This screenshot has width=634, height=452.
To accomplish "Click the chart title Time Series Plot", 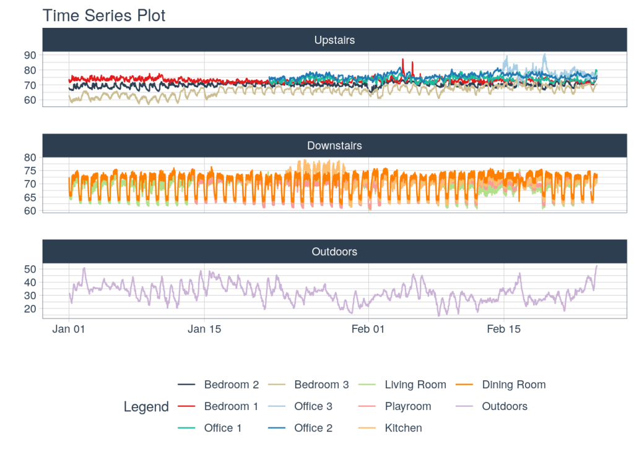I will [104, 15].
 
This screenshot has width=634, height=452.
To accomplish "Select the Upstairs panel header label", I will [334, 40].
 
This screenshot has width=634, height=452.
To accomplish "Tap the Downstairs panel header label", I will [334, 146].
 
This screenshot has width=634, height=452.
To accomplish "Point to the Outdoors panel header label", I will [334, 252].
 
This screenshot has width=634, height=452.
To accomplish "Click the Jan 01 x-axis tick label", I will [68, 329].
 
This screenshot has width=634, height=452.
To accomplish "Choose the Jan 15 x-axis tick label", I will [204, 329].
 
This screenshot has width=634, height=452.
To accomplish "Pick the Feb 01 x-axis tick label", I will [368, 329].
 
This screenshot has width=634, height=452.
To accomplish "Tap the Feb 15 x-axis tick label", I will [504, 329].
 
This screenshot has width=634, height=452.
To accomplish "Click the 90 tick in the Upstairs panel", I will [30, 55].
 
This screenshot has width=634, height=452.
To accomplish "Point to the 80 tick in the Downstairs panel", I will [30, 158].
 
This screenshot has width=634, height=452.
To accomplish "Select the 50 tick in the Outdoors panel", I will [30, 269].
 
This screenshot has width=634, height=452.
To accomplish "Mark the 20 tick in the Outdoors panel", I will [30, 309].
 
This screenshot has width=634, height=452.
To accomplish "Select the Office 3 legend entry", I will [313, 406].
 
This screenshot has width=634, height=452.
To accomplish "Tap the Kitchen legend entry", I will [403, 428].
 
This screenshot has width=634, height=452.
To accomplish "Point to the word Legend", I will [146, 407].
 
